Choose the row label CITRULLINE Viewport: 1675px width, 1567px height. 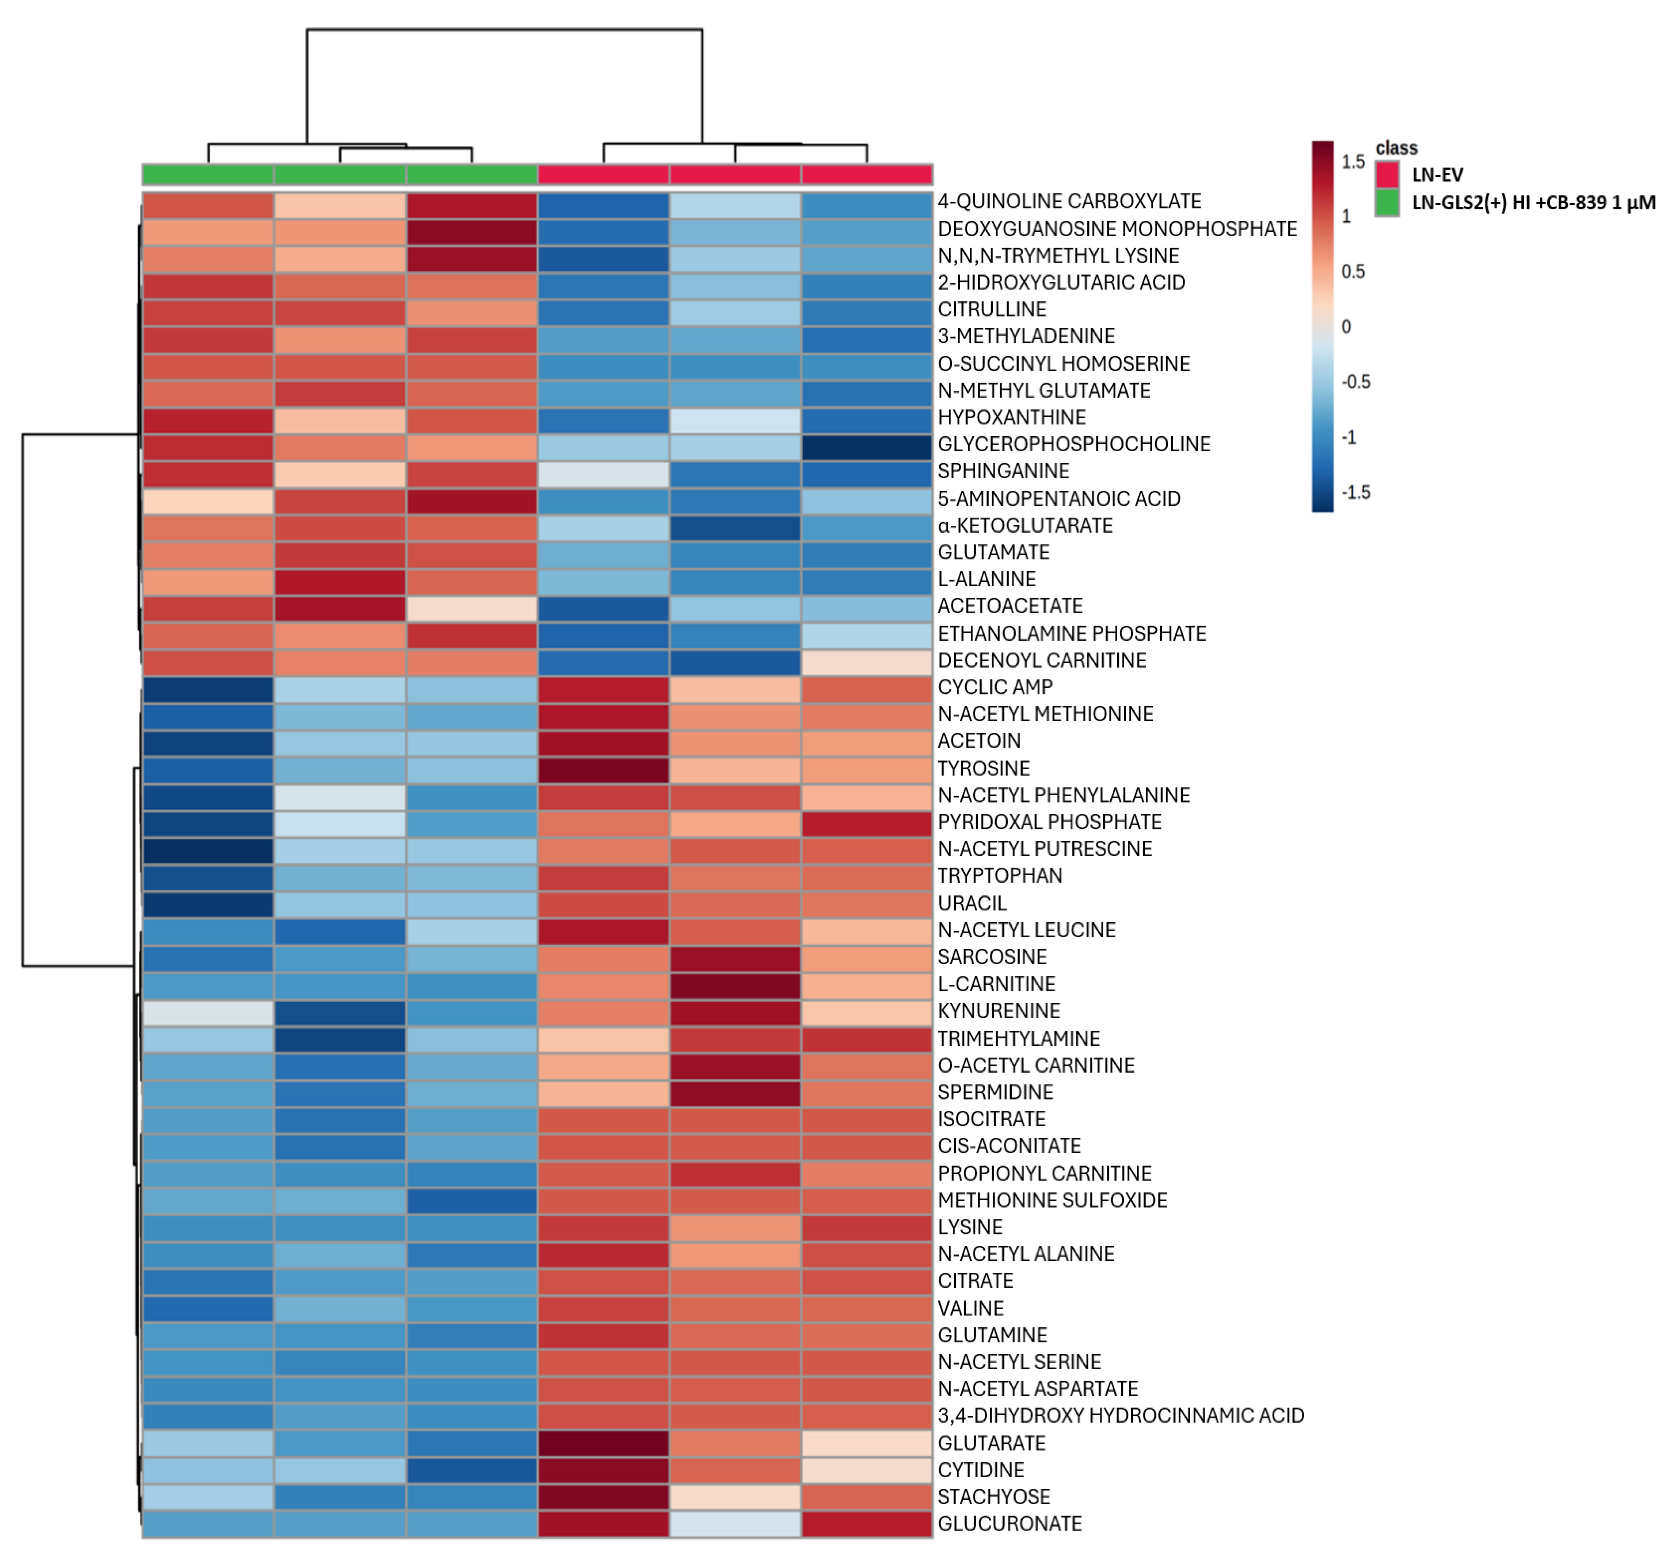pos(992,309)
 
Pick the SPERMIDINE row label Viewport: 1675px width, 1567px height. pos(995,1092)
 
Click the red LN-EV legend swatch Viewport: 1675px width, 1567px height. pos(1387,175)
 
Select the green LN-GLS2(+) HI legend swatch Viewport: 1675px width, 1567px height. pos(1387,202)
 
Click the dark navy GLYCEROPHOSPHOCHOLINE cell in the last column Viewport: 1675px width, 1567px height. pos(866,445)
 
